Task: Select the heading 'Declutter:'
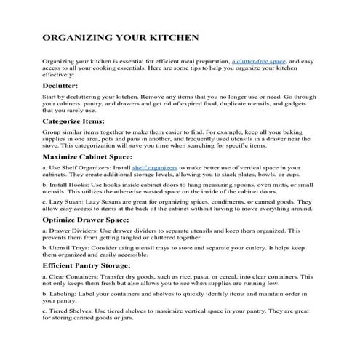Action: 65,85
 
